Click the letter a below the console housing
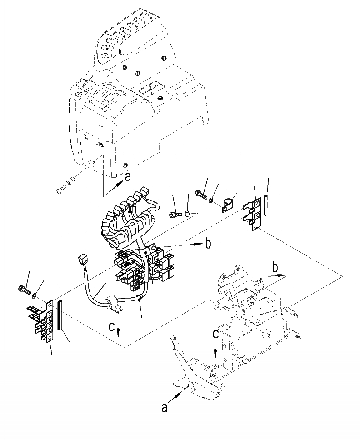point(128,178)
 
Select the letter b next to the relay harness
point(208,244)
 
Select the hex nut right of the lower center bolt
point(187,214)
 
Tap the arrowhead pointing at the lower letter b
point(286,275)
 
